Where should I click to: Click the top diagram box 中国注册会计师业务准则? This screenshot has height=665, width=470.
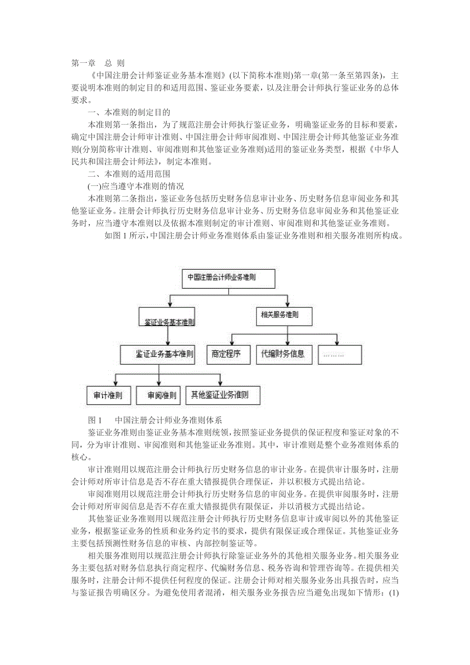[228, 278]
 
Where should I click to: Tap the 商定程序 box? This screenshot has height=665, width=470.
[226, 353]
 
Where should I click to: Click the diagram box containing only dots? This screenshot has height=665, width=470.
[339, 353]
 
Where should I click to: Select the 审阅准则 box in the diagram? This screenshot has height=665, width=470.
[159, 395]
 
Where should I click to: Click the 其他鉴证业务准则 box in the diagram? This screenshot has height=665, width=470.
[223, 395]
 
